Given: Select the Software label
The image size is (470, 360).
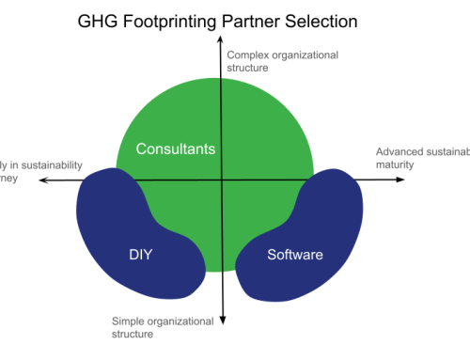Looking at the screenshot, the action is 294,255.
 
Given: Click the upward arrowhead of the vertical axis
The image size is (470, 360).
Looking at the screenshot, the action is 222,42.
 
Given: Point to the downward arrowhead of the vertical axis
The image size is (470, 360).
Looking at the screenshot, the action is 222,321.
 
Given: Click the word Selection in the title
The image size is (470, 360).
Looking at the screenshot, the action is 324,19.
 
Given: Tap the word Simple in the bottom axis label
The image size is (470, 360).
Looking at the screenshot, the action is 129,321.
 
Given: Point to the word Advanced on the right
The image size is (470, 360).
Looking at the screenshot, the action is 399,151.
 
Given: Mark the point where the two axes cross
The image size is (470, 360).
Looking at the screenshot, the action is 222,179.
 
